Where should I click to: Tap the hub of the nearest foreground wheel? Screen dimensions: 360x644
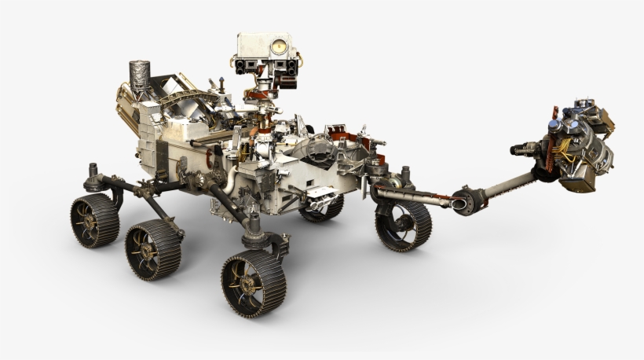251,282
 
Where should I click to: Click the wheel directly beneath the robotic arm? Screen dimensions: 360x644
401,224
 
